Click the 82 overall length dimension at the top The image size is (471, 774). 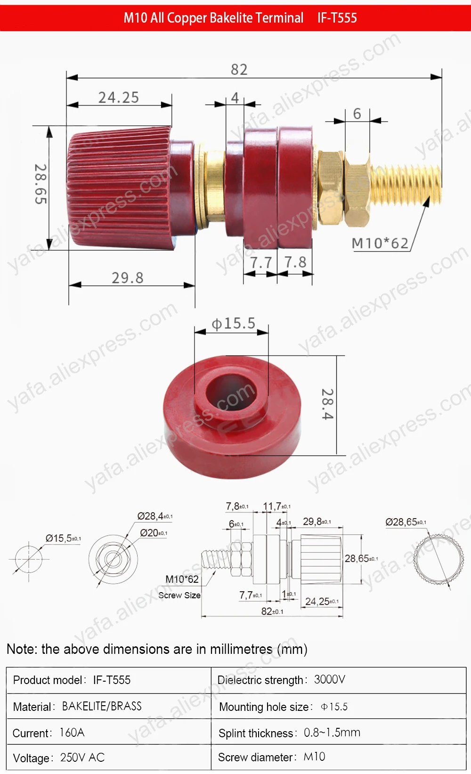[239, 69]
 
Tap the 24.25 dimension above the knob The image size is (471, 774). [119, 98]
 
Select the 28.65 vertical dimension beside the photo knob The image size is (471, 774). [41, 184]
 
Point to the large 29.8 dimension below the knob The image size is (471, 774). [127, 278]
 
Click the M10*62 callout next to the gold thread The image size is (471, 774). [380, 243]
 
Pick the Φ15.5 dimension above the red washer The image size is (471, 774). [233, 324]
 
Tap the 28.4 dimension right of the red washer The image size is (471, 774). [328, 404]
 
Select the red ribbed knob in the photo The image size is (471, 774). [119, 187]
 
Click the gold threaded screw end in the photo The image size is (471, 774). [406, 186]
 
